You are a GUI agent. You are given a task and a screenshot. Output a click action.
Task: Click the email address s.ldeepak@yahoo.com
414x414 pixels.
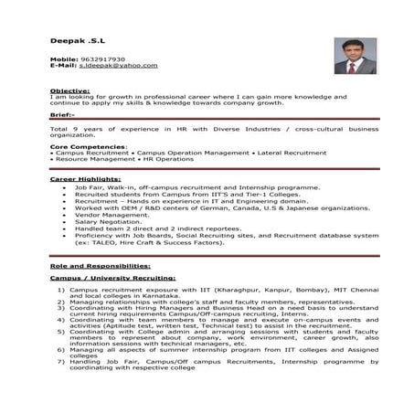tap(118, 66)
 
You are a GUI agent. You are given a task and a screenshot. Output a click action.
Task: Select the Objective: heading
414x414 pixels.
tap(69, 92)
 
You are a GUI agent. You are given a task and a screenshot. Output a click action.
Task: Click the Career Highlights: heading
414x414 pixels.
tap(84, 179)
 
